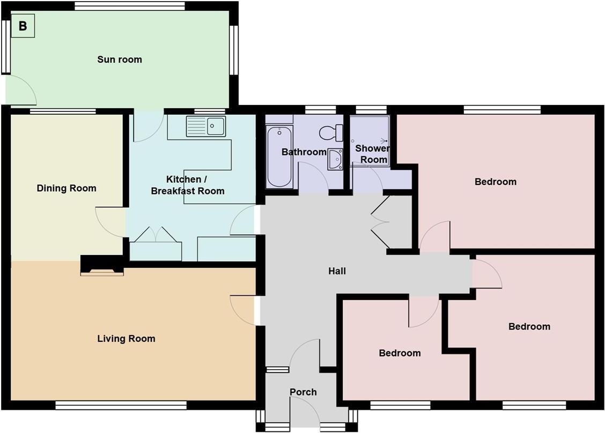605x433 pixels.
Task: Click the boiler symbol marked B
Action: pyautogui.click(x=23, y=26)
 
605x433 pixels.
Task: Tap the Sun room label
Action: pyautogui.click(x=120, y=59)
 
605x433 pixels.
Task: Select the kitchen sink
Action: pyautogui.click(x=206, y=126)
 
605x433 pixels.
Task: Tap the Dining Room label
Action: pyautogui.click(x=67, y=188)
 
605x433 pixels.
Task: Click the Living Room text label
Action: pyautogui.click(x=126, y=339)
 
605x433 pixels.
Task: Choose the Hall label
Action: pyautogui.click(x=337, y=271)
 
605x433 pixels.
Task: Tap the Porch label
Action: pyautogui.click(x=303, y=392)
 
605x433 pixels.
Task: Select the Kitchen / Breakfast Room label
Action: pyautogui.click(x=187, y=185)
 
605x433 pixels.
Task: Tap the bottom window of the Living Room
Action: pyautogui.click(x=120, y=406)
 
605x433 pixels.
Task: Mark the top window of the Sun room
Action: pyautogui.click(x=129, y=6)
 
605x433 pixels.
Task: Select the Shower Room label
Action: pyautogui.click(x=373, y=154)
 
